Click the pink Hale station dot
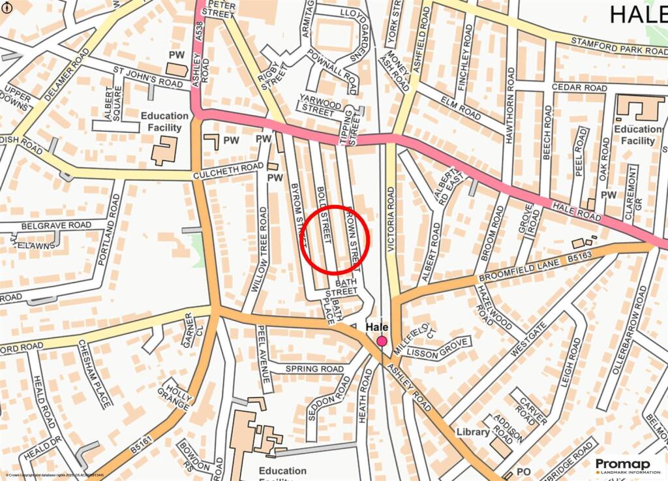382,341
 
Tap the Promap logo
622,465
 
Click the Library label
473,432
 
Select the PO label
524,471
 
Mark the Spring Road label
314,369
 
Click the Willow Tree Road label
259,249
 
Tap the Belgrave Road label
56,225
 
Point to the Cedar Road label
579,87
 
